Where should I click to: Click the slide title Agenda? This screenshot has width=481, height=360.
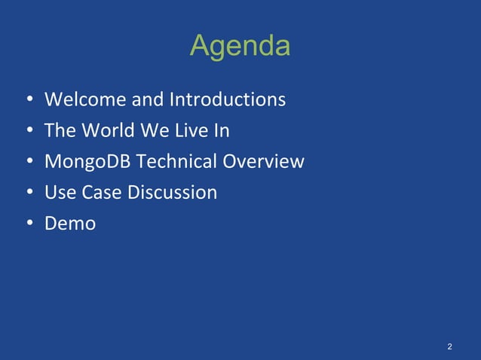click(x=240, y=47)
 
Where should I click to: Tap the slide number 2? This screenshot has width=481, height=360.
click(x=449, y=346)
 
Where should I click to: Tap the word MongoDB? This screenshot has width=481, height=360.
click(x=87, y=161)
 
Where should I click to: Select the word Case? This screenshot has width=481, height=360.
click(x=101, y=192)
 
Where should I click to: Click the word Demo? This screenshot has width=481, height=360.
click(x=70, y=223)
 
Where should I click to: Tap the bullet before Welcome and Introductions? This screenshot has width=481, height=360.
click(x=28, y=100)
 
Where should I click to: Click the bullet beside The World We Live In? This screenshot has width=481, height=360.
click(x=28, y=131)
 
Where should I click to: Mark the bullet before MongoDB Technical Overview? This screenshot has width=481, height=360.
click(x=28, y=162)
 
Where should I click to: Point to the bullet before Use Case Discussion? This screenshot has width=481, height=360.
click(x=28, y=193)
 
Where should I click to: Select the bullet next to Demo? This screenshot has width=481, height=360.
click(x=28, y=224)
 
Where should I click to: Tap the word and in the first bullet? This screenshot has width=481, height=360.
click(x=147, y=99)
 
